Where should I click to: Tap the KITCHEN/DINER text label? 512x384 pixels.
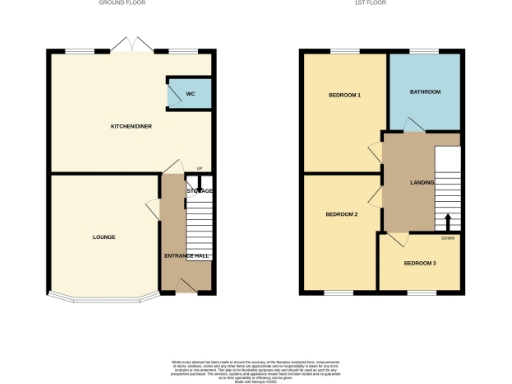tap(130, 127)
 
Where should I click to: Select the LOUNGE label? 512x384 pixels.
tap(104, 237)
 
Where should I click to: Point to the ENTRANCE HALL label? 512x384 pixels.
tap(187, 256)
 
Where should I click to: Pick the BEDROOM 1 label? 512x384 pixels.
tap(345, 95)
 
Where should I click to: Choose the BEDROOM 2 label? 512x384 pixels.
tap(342, 215)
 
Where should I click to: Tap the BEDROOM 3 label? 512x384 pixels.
tap(420, 264)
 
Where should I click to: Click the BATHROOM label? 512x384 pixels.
tap(424, 92)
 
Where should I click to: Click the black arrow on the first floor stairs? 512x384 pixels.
tap(447, 221)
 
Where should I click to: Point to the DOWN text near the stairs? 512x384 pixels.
tap(450, 238)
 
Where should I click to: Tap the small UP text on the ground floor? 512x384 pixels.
tap(199, 168)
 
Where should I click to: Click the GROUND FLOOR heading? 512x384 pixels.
tap(124, 4)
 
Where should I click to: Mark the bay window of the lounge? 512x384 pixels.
tap(104, 298)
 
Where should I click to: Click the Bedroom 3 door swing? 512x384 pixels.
tap(397, 238)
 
